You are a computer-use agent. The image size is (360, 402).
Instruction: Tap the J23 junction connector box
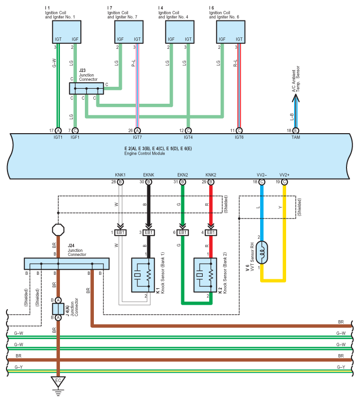(x=86, y=89)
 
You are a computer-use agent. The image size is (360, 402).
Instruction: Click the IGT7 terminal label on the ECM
(x=137, y=137)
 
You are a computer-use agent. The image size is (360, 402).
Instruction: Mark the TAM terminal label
(x=296, y=137)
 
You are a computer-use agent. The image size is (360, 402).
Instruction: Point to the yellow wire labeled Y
(x=285, y=234)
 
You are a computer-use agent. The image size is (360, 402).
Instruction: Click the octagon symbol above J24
(x=58, y=229)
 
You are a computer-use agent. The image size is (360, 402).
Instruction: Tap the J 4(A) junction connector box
(x=58, y=309)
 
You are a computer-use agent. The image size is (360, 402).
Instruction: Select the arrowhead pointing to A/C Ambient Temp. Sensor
(x=296, y=100)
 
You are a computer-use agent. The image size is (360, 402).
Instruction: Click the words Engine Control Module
(x=145, y=153)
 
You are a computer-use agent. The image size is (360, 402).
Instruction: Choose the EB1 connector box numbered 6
(x=183, y=232)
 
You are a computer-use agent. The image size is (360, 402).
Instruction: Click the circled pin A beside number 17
(x=58, y=130)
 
